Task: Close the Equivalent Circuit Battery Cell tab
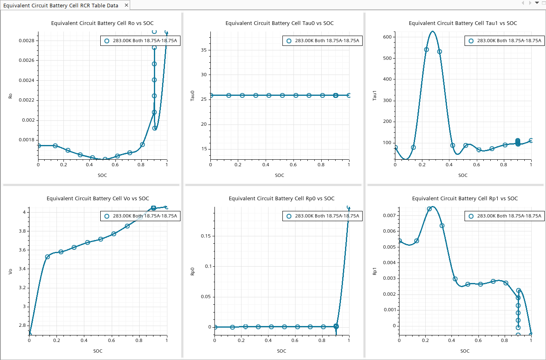[126, 5]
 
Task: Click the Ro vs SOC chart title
[102, 23]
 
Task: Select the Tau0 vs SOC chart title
[279, 23]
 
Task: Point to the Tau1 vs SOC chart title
[463, 23]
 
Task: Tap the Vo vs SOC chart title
[98, 199]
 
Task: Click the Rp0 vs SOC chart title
[281, 199]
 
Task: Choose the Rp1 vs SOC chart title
[465, 199]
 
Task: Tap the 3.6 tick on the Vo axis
[22, 250]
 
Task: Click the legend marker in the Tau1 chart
[471, 41]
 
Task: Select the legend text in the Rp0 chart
[327, 216]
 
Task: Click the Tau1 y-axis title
[374, 97]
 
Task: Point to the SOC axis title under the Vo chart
[98, 351]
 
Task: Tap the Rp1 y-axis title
[374, 272]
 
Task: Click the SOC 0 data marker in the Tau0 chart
[211, 95]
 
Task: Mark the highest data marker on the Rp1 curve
[429, 209]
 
